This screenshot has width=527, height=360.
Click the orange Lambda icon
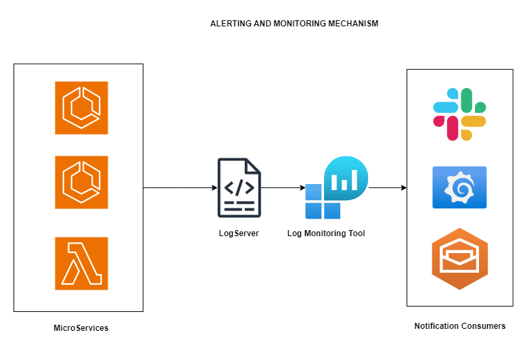82,264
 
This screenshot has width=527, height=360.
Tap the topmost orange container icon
82,108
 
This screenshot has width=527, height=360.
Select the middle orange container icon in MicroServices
82,183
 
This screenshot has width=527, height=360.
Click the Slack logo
460,114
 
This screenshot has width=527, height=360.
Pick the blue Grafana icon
459,186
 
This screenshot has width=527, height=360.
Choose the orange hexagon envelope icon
459,258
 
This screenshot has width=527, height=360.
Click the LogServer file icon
239,187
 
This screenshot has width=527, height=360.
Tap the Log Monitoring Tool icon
336,187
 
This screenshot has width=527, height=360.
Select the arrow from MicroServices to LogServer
180,187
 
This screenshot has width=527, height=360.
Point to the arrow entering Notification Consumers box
387,187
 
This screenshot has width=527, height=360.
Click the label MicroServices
81,328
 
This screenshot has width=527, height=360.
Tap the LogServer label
239,233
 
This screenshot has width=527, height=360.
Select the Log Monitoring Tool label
326,233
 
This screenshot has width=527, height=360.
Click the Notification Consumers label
460,326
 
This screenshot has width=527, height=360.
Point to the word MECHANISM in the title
352,23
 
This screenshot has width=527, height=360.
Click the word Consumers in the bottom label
484,326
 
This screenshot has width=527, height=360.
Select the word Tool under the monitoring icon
356,233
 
